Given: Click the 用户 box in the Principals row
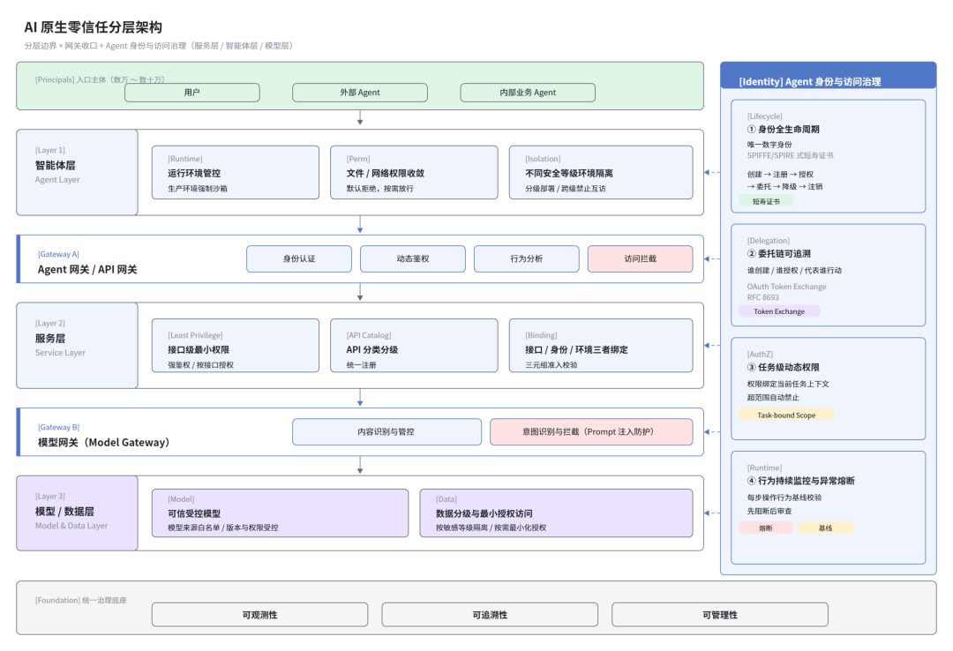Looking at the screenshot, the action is click(x=192, y=93).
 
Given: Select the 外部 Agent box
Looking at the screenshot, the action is click(x=360, y=93).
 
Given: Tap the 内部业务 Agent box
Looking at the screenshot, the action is click(x=528, y=93).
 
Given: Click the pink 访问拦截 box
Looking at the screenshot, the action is click(x=640, y=259).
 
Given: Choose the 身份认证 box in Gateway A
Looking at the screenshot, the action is click(x=299, y=259).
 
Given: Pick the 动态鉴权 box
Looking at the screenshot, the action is click(x=413, y=259).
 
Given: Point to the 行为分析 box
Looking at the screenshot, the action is click(x=526, y=259).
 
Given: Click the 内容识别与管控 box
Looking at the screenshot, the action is click(x=386, y=431).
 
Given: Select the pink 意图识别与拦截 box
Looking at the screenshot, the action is click(x=591, y=431).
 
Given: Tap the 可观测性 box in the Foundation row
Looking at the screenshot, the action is click(x=259, y=615).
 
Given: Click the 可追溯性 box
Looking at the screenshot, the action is click(x=490, y=615).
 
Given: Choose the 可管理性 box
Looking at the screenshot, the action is click(x=720, y=615).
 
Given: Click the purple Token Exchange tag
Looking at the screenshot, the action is click(x=779, y=311).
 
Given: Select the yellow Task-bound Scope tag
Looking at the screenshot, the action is click(x=786, y=415).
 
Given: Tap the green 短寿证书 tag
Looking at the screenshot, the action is click(x=766, y=201).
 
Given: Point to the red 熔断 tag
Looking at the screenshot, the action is click(x=766, y=528).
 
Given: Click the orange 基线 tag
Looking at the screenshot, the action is click(x=825, y=528).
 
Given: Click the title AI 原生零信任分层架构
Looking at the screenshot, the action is click(x=93, y=27).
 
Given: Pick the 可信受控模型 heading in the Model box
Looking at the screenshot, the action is click(x=194, y=513).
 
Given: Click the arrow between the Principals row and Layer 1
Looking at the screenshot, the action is click(x=360, y=118).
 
